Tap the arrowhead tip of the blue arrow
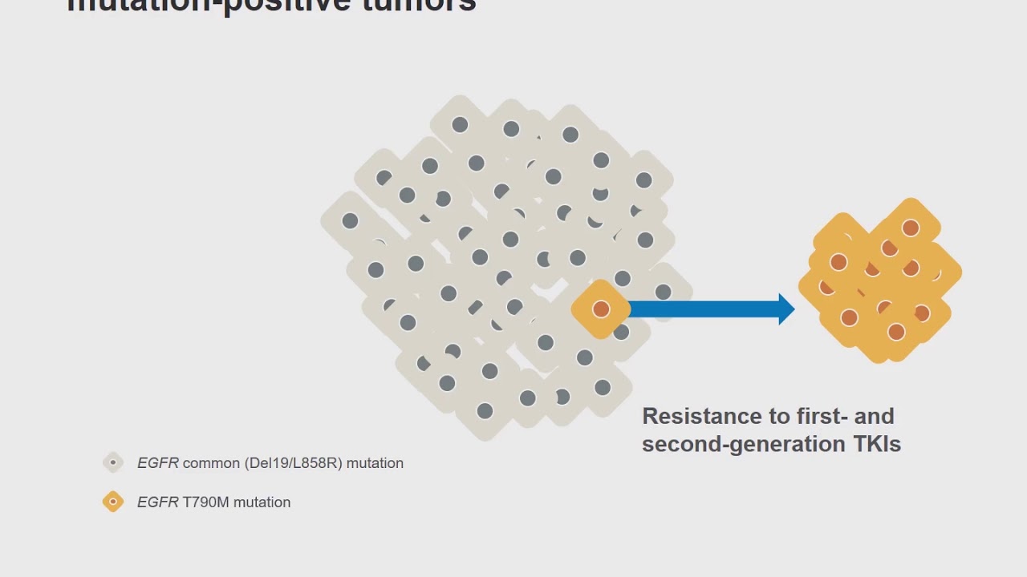pyautogui.click(x=793, y=309)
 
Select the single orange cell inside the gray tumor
pyautogui.click(x=601, y=309)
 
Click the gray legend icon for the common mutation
pyautogui.click(x=113, y=462)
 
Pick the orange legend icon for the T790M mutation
pyautogui.click(x=113, y=502)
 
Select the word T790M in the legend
pyautogui.click(x=206, y=502)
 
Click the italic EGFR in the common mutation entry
pyautogui.click(x=157, y=463)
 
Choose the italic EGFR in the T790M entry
pyautogui.click(x=157, y=502)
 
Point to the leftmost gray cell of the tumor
pyautogui.click(x=350, y=220)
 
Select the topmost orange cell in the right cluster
pyautogui.click(x=910, y=228)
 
